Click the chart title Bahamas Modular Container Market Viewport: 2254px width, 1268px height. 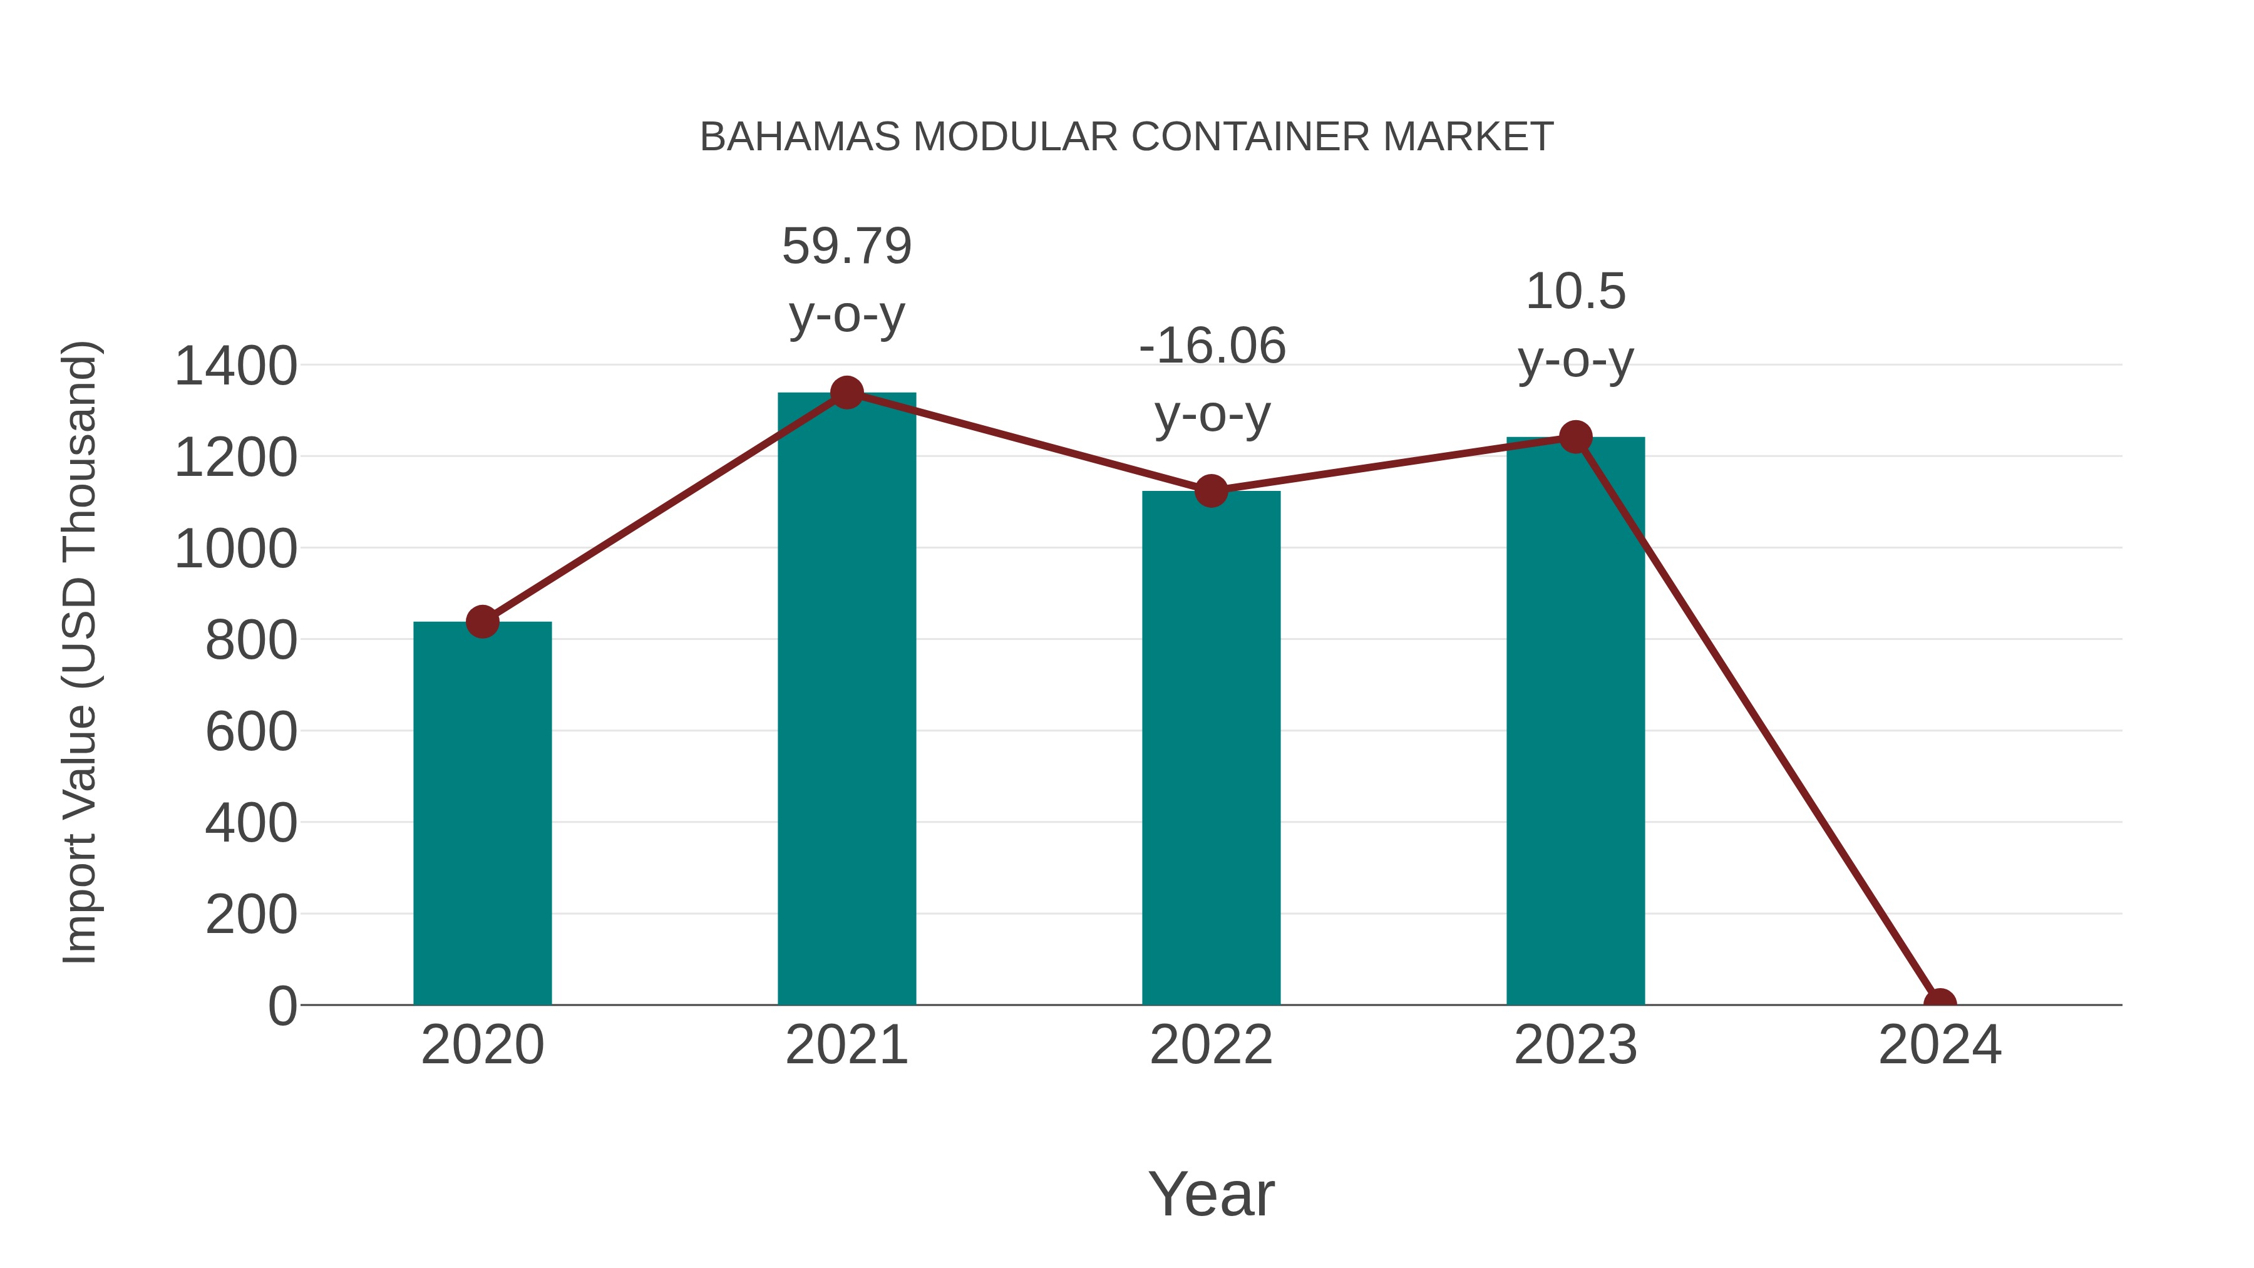click(1126, 137)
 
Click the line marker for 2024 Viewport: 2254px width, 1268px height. click(1939, 1003)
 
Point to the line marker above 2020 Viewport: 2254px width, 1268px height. click(482, 622)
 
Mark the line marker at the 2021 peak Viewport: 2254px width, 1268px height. click(846, 393)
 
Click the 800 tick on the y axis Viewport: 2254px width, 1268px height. click(250, 640)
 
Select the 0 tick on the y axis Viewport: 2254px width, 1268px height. click(282, 1006)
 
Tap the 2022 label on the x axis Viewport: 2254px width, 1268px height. click(1211, 1045)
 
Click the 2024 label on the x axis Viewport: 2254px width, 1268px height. click(1939, 1045)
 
